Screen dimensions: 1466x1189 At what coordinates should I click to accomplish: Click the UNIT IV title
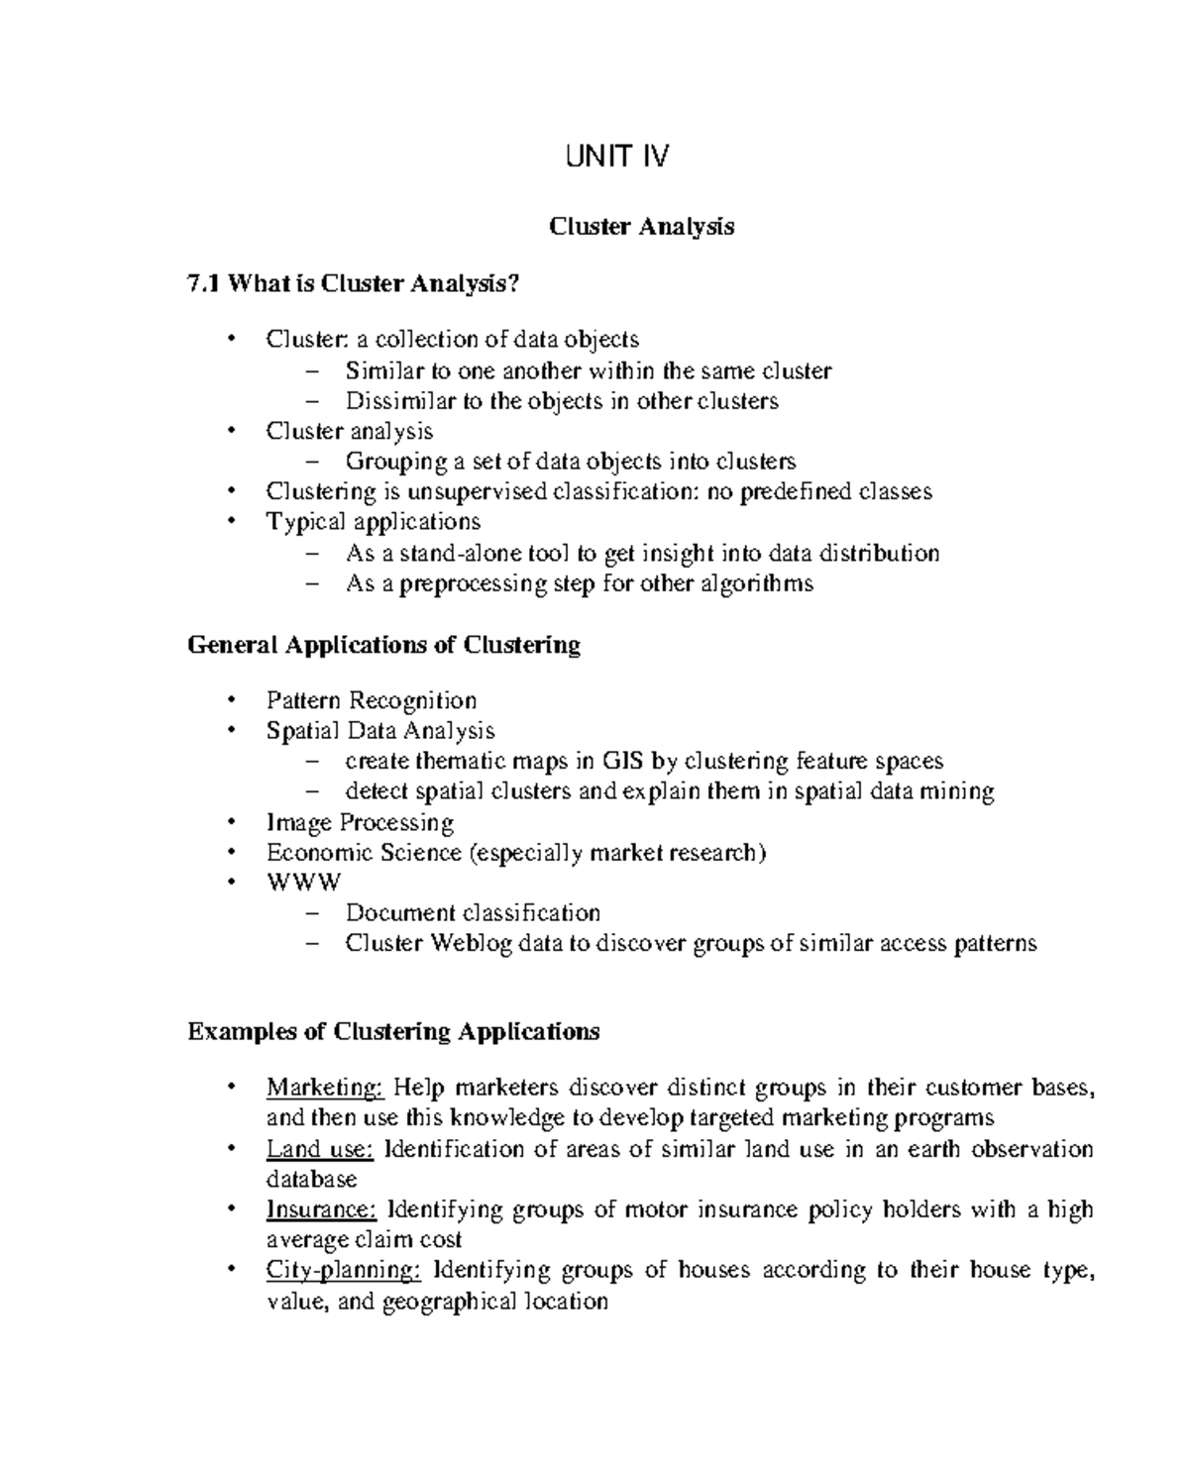tap(616, 157)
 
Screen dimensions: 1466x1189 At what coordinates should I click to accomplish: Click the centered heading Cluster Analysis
tap(641, 227)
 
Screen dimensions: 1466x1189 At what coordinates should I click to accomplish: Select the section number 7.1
tap(203, 284)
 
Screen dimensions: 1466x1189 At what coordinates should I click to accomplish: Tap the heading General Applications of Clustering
tap(383, 645)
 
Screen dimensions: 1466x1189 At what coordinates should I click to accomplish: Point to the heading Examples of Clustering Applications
tap(393, 1032)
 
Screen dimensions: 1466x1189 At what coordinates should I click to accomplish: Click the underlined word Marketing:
tap(324, 1088)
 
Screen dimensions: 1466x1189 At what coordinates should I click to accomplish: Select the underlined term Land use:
tap(319, 1149)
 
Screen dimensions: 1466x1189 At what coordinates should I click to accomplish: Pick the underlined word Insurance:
tap(321, 1209)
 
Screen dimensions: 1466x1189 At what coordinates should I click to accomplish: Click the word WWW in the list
tap(303, 883)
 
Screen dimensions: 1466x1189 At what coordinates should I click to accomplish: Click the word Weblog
tap(471, 943)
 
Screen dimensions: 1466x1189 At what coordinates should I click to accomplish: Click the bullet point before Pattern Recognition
tap(232, 700)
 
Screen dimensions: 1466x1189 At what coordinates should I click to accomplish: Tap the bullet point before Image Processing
tap(232, 822)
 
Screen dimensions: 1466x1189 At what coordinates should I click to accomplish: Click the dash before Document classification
tap(314, 913)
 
